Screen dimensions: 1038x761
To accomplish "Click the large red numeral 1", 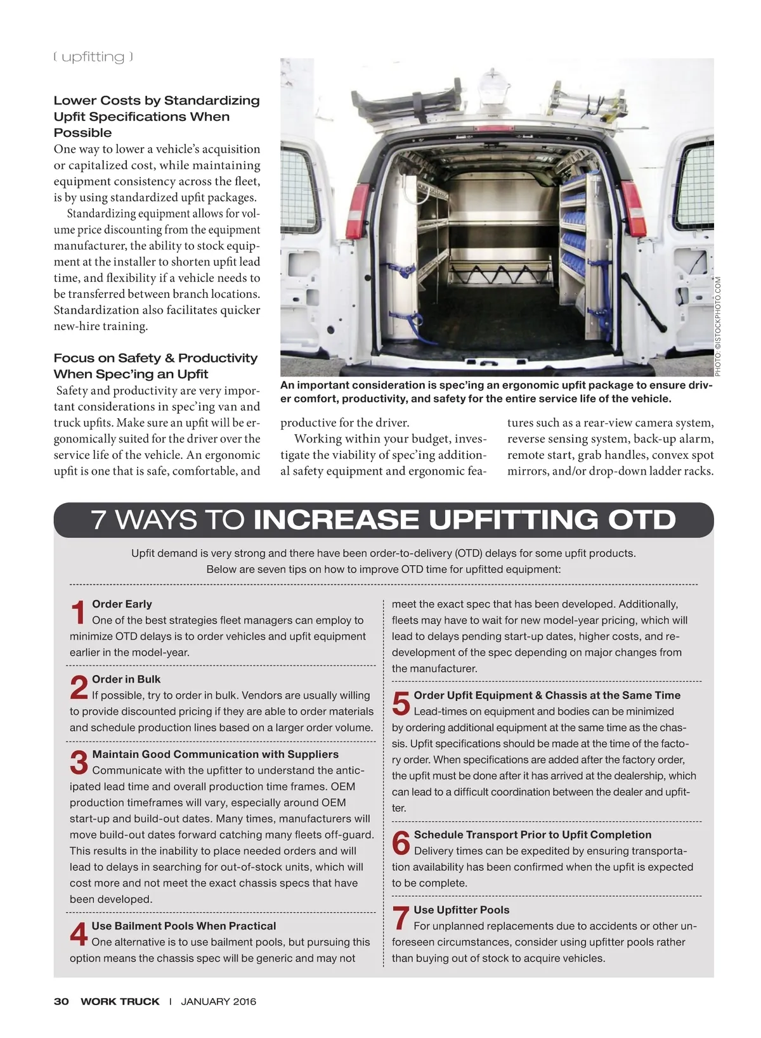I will pyautogui.click(x=79, y=613).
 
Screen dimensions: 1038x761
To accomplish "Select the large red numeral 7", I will pyautogui.click(x=400, y=919).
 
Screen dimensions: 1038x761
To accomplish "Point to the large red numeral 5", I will pyautogui.click(x=401, y=704).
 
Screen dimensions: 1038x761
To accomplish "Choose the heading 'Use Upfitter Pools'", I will pyautogui.click(x=461, y=910).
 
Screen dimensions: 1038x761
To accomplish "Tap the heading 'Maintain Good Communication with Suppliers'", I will pyautogui.click(x=215, y=754).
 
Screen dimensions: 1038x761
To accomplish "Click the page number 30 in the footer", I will pyautogui.click(x=61, y=1001).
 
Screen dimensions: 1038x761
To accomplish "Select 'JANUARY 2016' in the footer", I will pyautogui.click(x=219, y=1001).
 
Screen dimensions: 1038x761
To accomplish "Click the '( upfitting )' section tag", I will pyautogui.click(x=93, y=57).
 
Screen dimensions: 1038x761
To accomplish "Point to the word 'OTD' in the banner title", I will pyautogui.click(x=642, y=520).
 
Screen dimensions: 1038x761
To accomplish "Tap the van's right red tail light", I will pyautogui.click(x=634, y=206).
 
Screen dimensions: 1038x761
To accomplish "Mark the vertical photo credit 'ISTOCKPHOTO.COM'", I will pyautogui.click(x=717, y=317).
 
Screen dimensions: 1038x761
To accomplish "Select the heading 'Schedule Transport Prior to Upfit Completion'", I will pyautogui.click(x=533, y=835).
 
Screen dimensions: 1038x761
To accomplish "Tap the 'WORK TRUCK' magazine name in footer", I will pyautogui.click(x=120, y=1001).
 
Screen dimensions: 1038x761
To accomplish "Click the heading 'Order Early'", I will pyautogui.click(x=122, y=604).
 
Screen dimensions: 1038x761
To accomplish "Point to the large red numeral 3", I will pyautogui.click(x=79, y=763).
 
